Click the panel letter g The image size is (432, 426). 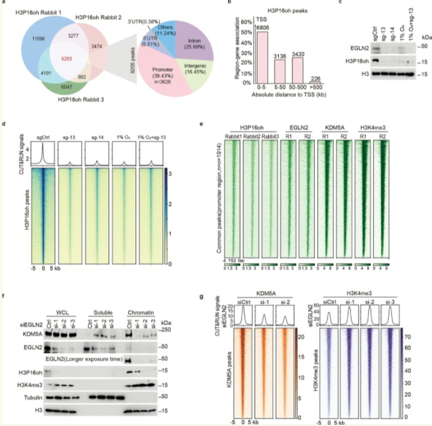(x=215, y=296)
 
